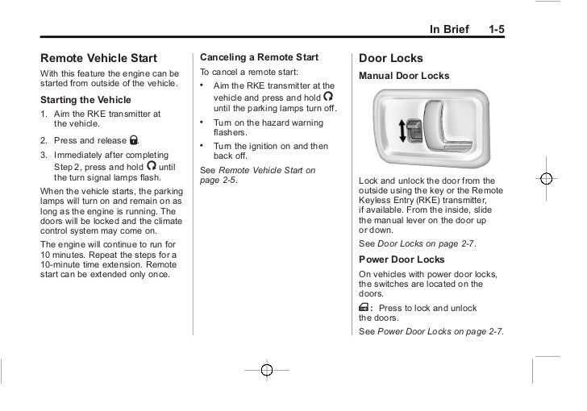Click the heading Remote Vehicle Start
coord(98,58)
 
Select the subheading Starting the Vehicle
coord(84,100)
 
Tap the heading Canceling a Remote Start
coord(259,57)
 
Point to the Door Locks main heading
coord(390,59)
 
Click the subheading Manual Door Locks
coord(404,76)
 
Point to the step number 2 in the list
coord(44,141)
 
